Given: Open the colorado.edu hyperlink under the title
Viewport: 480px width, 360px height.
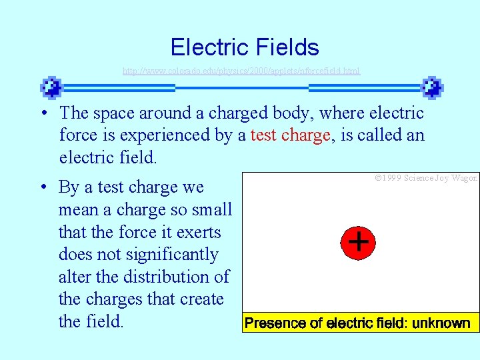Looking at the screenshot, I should [x=241, y=70].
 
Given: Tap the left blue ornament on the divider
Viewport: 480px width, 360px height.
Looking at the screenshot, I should [x=51, y=87].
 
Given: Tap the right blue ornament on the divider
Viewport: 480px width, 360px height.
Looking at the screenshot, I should [x=432, y=87].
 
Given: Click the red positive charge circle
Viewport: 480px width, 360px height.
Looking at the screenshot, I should [x=359, y=242].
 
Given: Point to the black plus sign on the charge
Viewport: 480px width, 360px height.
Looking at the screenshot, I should [x=359, y=242].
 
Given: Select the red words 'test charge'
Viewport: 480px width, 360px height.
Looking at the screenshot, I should [x=290, y=135].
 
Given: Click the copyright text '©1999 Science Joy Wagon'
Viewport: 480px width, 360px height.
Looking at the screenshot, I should [x=426, y=179].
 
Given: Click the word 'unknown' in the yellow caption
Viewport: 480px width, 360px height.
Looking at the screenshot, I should [x=441, y=324].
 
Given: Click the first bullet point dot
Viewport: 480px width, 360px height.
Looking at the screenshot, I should [x=42, y=113].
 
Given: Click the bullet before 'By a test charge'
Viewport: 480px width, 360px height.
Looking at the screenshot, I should [x=42, y=187].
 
